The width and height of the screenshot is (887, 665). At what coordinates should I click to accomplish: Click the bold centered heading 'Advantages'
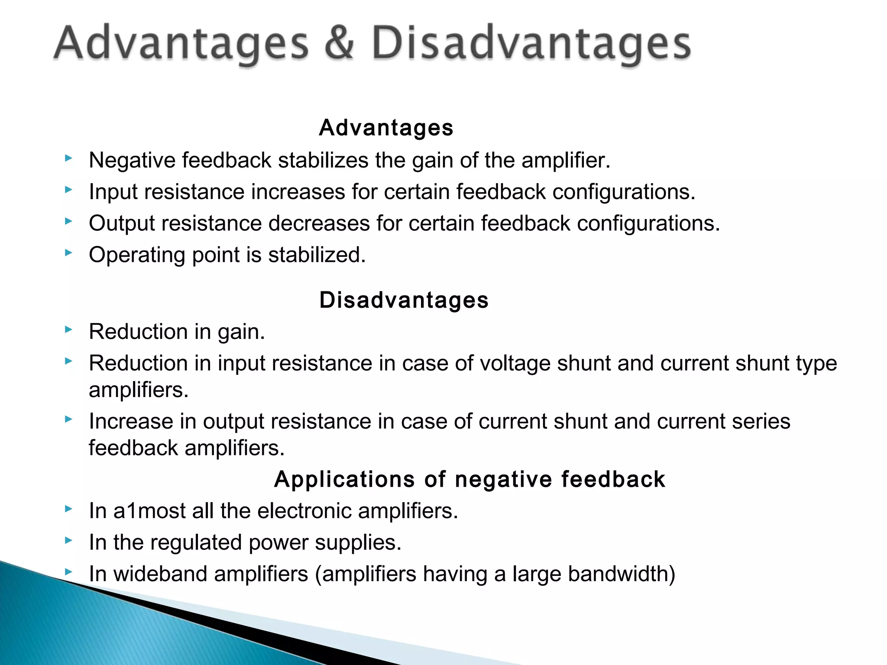pyautogui.click(x=386, y=128)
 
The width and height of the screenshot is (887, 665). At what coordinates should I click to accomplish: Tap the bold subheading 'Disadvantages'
pyautogui.click(x=404, y=300)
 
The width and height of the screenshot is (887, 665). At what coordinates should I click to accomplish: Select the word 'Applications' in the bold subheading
pyautogui.click(x=345, y=479)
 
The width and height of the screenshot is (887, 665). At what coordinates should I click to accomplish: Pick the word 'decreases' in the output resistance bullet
pyautogui.click(x=319, y=224)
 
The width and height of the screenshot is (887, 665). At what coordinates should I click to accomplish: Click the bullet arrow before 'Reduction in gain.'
pyautogui.click(x=68, y=330)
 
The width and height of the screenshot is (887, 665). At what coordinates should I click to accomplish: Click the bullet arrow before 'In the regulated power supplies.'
pyautogui.click(x=68, y=540)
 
